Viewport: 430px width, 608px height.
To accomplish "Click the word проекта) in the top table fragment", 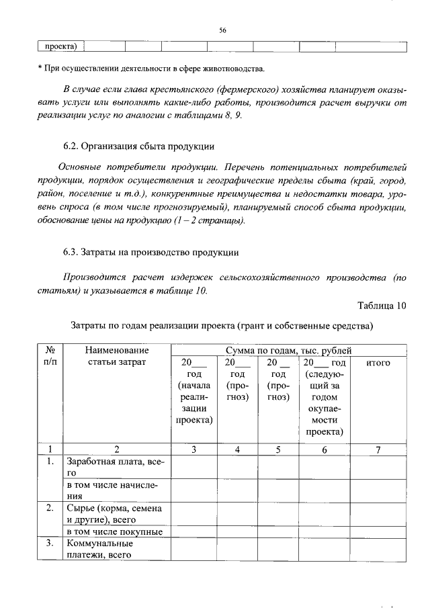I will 60,46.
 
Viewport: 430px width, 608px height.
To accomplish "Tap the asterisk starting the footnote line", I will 40,69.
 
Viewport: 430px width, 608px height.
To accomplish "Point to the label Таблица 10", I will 382,306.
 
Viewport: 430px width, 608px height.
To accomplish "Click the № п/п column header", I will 49,356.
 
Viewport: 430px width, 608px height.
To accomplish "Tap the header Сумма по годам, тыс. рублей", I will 288,350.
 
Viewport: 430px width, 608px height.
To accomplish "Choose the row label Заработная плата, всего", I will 115,468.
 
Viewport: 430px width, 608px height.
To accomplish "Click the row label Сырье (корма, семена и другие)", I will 115,513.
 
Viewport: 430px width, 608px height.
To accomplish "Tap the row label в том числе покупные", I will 114,531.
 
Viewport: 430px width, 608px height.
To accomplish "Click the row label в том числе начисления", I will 115,490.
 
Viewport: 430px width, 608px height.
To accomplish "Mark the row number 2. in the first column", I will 49,508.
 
